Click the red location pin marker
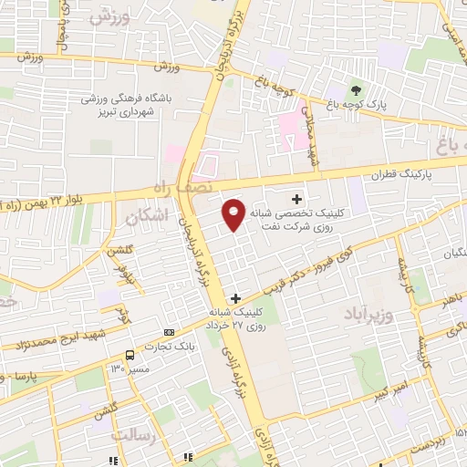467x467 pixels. (x=233, y=213)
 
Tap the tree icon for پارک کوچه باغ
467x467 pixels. (x=357, y=92)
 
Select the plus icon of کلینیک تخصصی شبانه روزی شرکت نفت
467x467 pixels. (x=296, y=199)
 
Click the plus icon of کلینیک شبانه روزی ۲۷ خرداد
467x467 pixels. (x=236, y=298)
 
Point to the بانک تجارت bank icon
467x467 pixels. (x=169, y=332)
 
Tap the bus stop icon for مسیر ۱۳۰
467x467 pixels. (x=130, y=354)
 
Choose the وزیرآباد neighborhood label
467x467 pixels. (x=369, y=316)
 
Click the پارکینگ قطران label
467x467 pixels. (x=402, y=172)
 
